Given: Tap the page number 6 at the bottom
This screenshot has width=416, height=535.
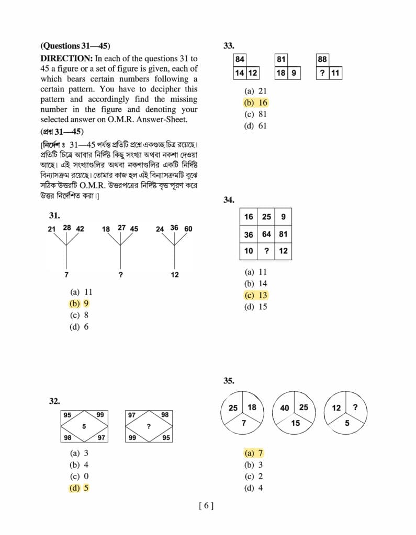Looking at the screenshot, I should [x=206, y=505].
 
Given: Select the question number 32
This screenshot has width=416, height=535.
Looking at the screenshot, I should [x=55, y=401].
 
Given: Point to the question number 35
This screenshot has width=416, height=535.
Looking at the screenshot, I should [x=229, y=381].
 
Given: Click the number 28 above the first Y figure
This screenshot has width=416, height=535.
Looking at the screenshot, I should [x=67, y=227].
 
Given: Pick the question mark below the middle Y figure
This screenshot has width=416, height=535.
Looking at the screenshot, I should [x=121, y=275].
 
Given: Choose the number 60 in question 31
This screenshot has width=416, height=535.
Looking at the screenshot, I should [x=188, y=229].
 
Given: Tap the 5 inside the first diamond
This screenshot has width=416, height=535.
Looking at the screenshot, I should [x=84, y=426].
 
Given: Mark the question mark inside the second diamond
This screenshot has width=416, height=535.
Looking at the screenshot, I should [x=149, y=427].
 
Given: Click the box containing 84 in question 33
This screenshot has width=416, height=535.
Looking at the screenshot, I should [x=240, y=60].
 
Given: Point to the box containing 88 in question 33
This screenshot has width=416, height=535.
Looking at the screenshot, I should [x=322, y=60].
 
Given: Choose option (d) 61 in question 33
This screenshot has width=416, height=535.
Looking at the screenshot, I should [x=255, y=125].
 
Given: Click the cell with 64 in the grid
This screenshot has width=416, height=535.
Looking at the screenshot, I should [x=266, y=234].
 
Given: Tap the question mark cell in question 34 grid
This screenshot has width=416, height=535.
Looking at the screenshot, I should [x=266, y=251].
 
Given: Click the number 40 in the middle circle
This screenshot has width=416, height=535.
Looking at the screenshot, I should [x=285, y=408].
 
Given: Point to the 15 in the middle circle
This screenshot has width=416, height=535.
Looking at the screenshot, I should [x=296, y=423].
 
